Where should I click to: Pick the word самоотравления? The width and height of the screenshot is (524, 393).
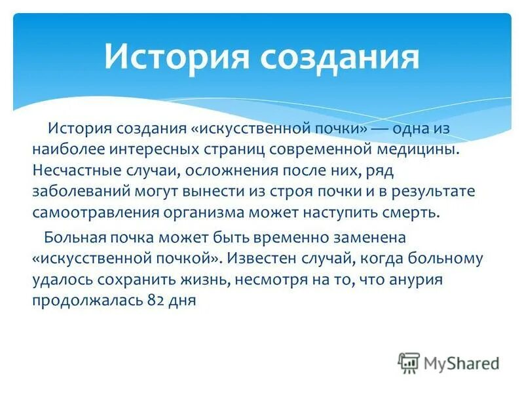(88, 214)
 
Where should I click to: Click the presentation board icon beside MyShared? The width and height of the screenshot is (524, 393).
(409, 363)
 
